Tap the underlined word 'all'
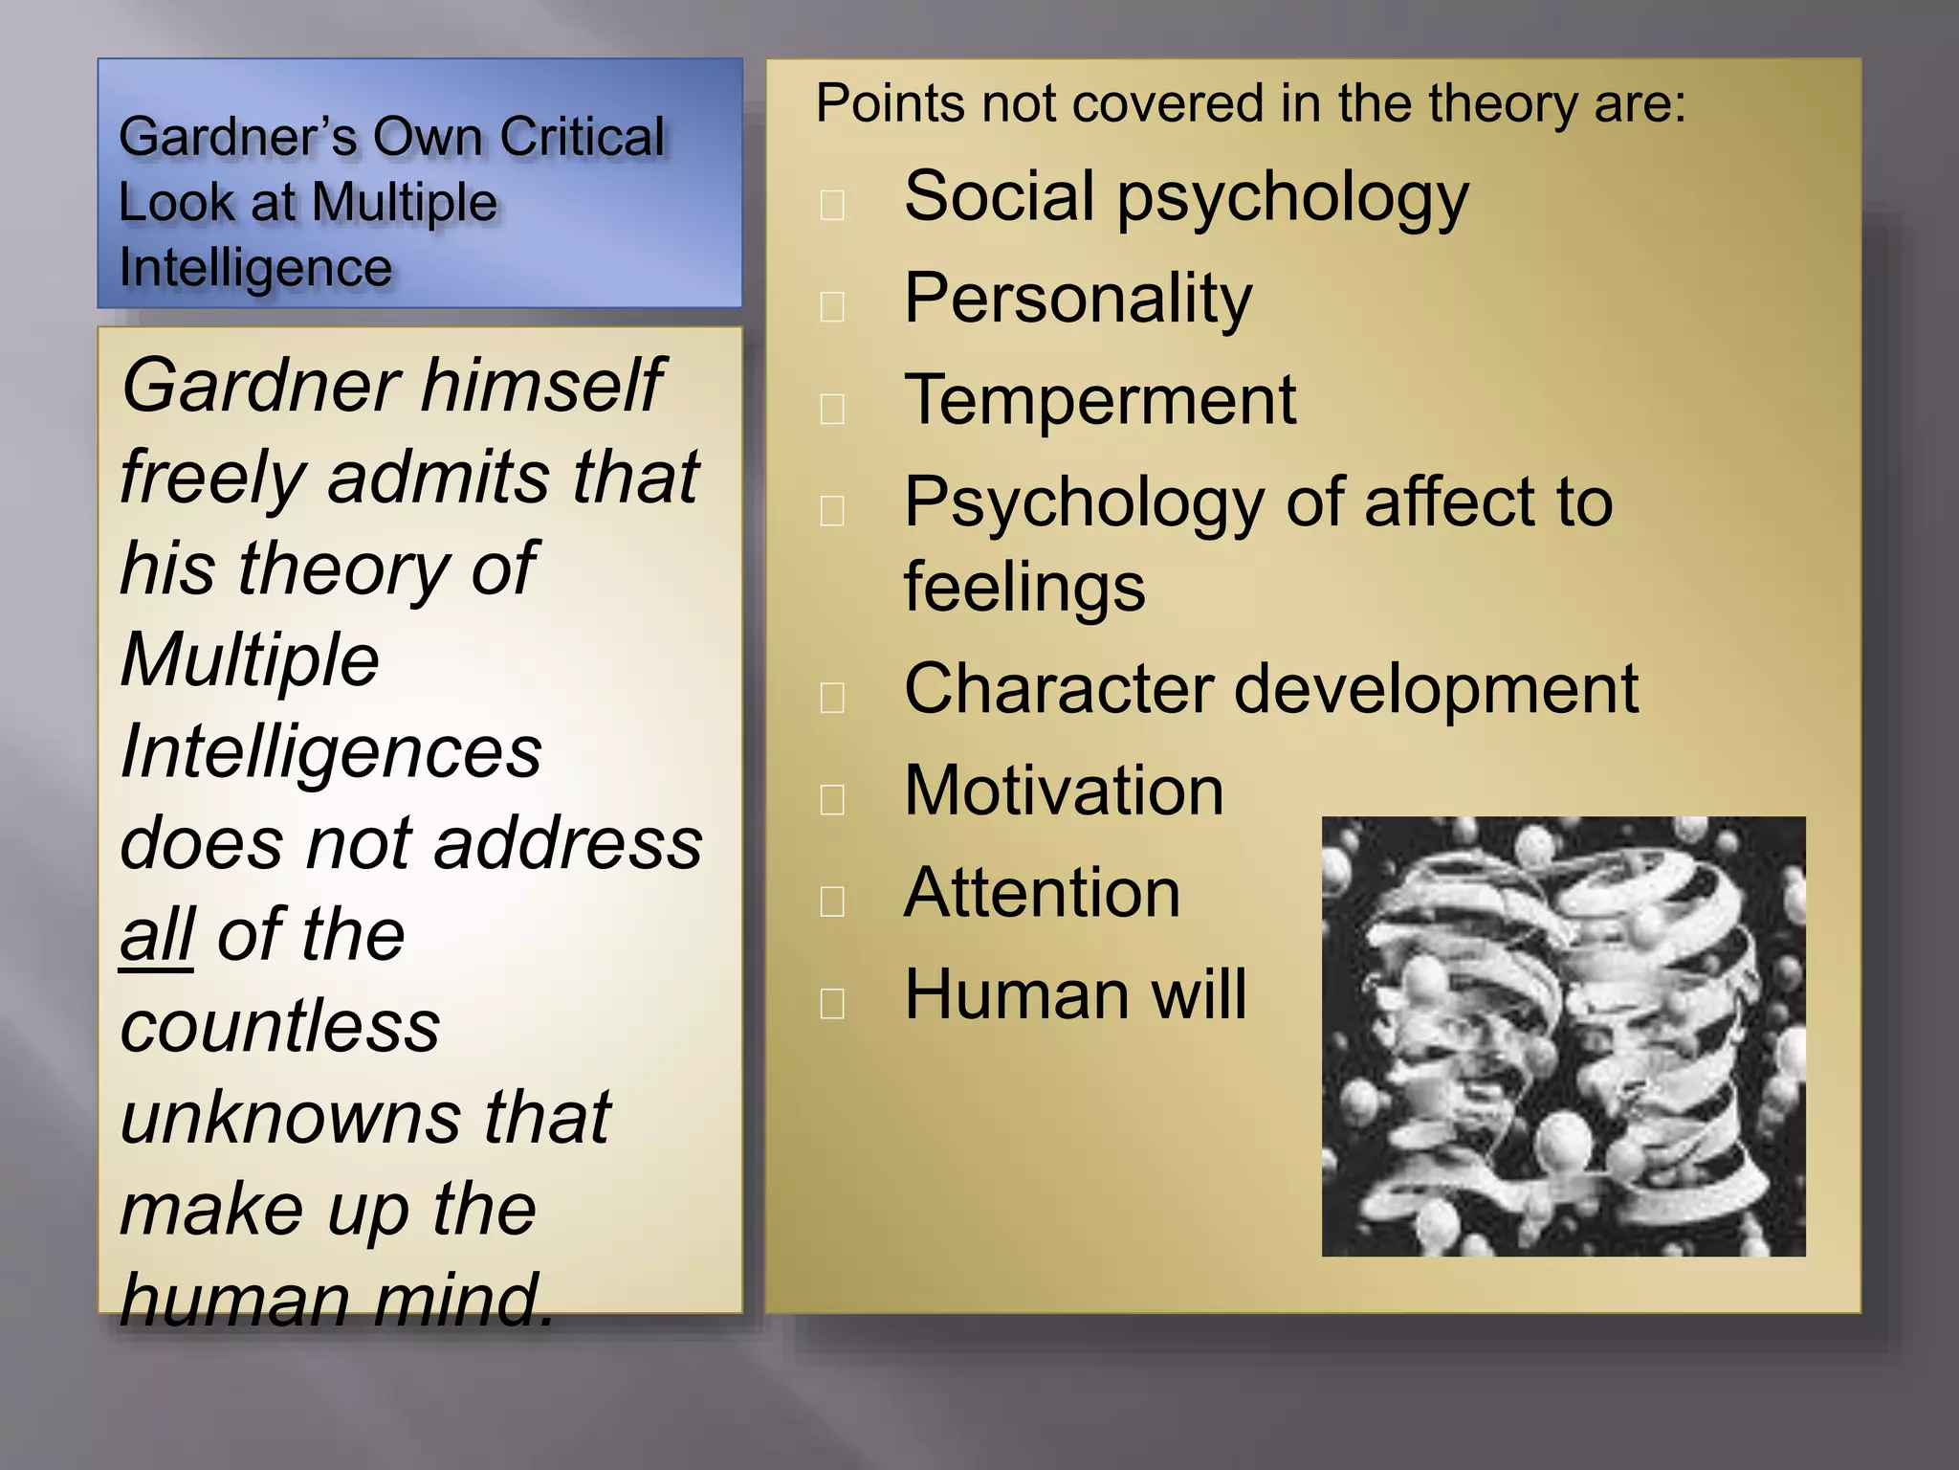[157, 935]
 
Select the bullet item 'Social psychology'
[1185, 197]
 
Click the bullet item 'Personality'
[1077, 299]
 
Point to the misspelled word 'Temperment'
[1100, 400]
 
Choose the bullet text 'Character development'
[1271, 689]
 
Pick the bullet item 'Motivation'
[1064, 791]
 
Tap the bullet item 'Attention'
[1042, 893]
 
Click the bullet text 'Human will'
[1075, 994]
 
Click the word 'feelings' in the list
[1024, 587]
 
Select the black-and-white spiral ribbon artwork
[1563, 1036]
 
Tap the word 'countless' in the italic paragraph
[280, 1026]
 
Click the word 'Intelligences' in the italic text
[331, 752]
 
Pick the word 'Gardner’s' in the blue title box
[238, 137]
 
